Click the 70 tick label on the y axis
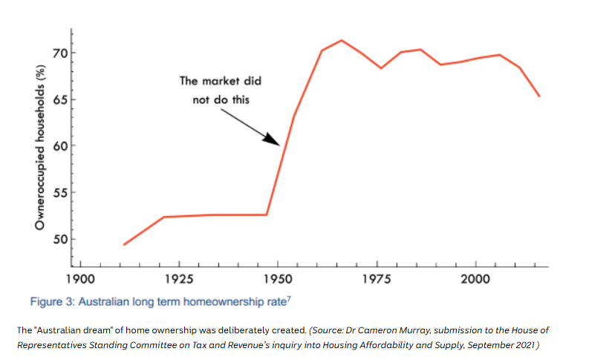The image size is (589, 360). pos(59,53)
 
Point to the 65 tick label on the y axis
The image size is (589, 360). pos(59,99)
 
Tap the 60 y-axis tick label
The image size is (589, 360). pos(59,146)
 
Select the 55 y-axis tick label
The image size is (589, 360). pos(59,193)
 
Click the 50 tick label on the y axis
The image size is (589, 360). pos(59,239)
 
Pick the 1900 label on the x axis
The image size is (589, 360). pos(80,279)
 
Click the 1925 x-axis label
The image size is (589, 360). pos(179,279)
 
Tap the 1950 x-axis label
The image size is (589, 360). pos(278,279)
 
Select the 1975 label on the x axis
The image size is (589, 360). pos(377,279)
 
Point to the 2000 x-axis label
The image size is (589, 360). pos(475,279)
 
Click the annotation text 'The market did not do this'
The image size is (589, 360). pos(221,90)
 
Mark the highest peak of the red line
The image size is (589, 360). pos(342,40)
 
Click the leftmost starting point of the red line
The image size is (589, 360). pos(124,244)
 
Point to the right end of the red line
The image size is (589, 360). pos(539,96)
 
